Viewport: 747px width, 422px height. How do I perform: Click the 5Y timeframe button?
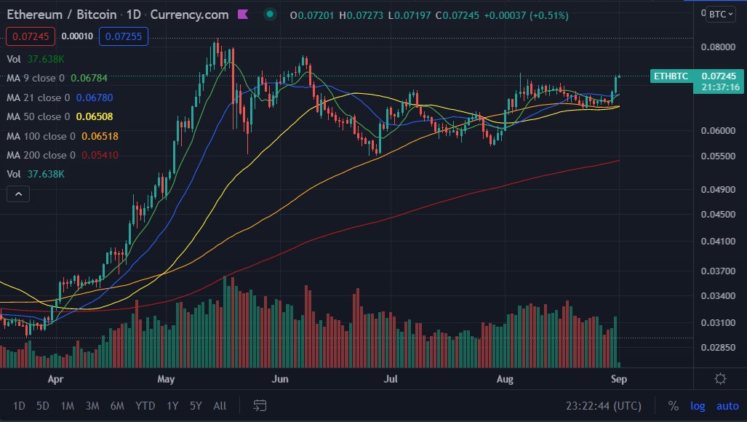click(x=196, y=405)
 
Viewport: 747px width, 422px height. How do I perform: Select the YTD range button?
click(x=145, y=405)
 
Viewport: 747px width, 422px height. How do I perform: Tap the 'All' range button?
click(x=220, y=405)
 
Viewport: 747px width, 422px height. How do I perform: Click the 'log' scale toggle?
click(x=697, y=405)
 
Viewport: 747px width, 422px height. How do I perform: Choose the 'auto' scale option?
click(x=727, y=405)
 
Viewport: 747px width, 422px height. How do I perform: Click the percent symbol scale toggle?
click(x=673, y=405)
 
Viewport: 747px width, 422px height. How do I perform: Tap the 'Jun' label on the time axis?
click(x=280, y=379)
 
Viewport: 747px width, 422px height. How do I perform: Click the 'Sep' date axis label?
click(x=618, y=379)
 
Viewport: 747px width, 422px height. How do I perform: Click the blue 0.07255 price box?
click(x=124, y=36)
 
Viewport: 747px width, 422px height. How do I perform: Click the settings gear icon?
click(x=720, y=378)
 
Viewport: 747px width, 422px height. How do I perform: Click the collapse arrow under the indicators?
click(x=18, y=194)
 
